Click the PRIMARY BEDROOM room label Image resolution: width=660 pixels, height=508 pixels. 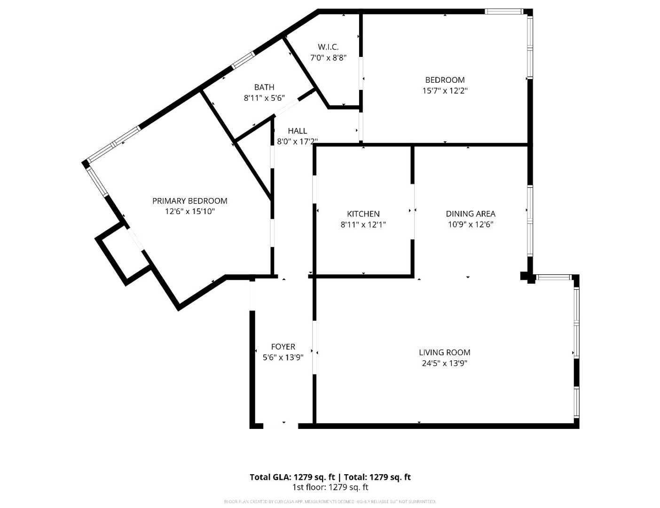click(189, 201)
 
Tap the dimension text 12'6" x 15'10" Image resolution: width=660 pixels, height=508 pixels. click(189, 212)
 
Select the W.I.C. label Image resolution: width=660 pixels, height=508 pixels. click(328, 47)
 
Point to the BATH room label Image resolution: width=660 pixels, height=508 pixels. click(264, 87)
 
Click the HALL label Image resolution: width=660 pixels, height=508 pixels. click(297, 131)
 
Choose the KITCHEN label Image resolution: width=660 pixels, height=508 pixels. click(363, 214)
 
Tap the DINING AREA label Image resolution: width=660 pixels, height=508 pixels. click(470, 214)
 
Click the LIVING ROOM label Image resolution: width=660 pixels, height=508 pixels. click(444, 352)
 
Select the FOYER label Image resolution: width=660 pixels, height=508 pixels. click(283, 347)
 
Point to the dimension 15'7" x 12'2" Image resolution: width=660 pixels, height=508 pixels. click(445, 91)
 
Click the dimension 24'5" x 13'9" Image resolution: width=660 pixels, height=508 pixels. click(444, 363)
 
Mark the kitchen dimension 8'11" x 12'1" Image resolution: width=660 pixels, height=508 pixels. click(363, 225)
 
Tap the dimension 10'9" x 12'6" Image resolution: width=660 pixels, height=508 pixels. click(470, 225)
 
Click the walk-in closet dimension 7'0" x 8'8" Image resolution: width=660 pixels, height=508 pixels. click(328, 58)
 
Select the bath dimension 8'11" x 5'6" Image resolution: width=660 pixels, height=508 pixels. click(264, 98)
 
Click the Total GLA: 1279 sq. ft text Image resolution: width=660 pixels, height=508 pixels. click(292, 477)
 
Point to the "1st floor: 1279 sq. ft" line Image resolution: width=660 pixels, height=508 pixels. click(330, 487)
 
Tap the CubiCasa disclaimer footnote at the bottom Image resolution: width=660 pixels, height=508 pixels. click(330, 502)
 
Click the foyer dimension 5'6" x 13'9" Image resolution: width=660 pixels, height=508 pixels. click(283, 357)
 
